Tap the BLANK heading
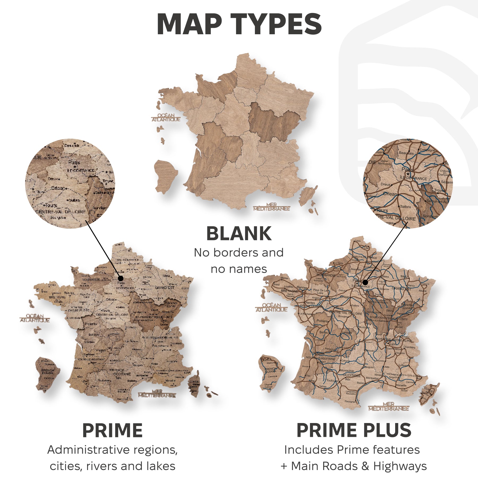click(239, 233)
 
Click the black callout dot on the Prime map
click(121, 278)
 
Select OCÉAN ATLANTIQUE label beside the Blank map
click(166, 117)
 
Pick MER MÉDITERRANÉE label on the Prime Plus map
click(389, 406)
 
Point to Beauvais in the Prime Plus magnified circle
click(406, 153)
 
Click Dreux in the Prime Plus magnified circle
click(385, 184)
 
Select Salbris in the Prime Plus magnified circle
click(406, 206)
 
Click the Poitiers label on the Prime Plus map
click(322, 321)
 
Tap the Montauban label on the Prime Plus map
click(347, 370)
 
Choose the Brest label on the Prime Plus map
click(276, 284)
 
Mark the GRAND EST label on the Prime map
click(165, 288)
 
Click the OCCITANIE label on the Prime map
click(122, 374)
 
